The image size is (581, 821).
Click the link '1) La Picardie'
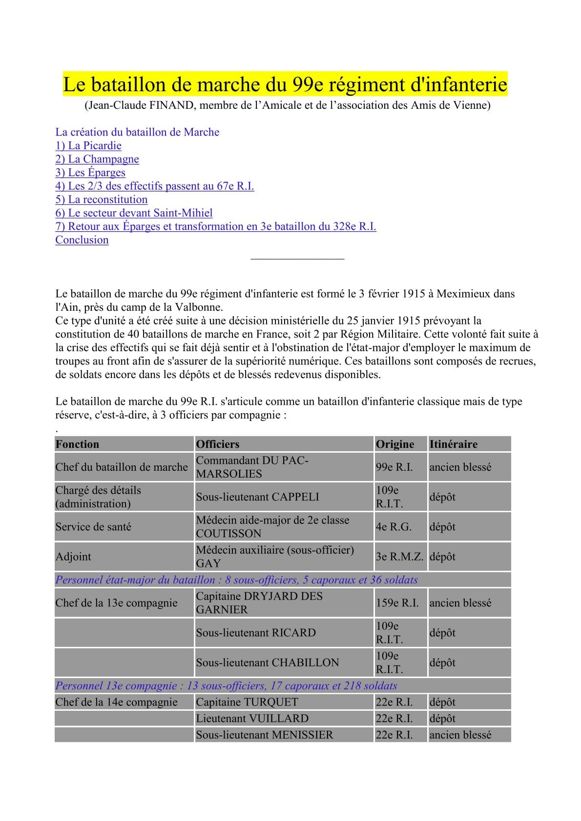pyautogui.click(x=88, y=146)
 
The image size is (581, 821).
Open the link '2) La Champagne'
pyautogui.click(x=97, y=159)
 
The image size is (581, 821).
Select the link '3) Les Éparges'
pyautogui.click(x=90, y=173)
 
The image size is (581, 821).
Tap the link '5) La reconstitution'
pyautogui.click(x=102, y=200)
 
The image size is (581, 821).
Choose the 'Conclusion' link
pyautogui.click(x=82, y=240)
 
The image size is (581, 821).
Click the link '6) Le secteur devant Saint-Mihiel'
pyautogui.click(x=134, y=213)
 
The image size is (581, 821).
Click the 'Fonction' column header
pyautogui.click(x=77, y=444)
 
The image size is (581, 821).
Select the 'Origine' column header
pyautogui.click(x=394, y=444)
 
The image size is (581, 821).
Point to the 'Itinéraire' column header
pyautogui.click(x=454, y=444)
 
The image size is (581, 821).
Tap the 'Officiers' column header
pyautogui.click(x=218, y=444)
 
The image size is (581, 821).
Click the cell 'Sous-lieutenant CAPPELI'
pyautogui.click(x=257, y=497)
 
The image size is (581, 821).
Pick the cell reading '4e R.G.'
pyautogui.click(x=394, y=527)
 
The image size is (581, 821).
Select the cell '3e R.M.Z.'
pyautogui.click(x=399, y=557)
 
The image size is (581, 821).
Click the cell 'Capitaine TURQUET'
pyautogui.click(x=247, y=702)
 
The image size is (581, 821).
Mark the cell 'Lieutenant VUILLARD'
pyautogui.click(x=252, y=719)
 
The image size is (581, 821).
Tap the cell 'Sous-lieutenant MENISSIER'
pyautogui.click(x=265, y=735)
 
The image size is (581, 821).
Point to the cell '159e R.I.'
pyautogui.click(x=397, y=603)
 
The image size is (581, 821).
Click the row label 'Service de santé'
pyautogui.click(x=93, y=527)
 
